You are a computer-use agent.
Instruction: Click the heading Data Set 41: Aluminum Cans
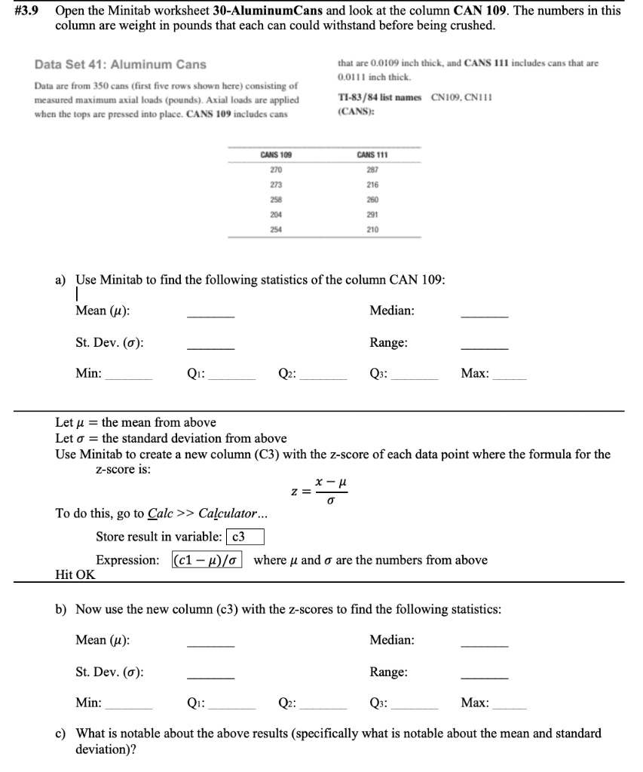point(121,64)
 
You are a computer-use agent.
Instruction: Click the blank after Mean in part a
point(210,315)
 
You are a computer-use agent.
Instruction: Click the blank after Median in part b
point(484,645)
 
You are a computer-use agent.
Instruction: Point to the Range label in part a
point(389,342)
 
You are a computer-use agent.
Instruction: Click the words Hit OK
point(75,574)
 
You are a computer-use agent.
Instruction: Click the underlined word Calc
point(159,514)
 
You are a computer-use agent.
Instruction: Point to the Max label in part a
point(475,373)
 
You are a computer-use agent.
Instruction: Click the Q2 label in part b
point(286,703)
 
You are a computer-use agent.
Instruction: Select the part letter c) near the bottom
point(62,733)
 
